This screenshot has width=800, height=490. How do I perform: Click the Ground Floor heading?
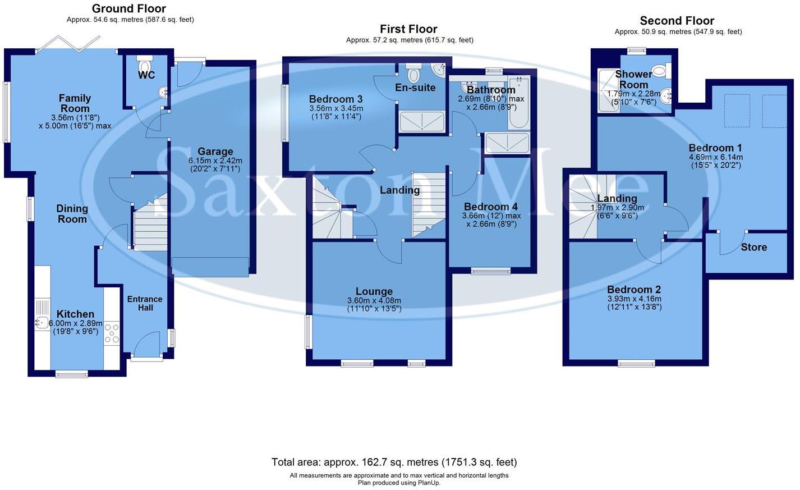[x=129, y=8]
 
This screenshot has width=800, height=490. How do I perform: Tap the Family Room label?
[x=75, y=103]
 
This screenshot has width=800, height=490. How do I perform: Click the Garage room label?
[x=215, y=152]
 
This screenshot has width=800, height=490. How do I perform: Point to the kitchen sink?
[x=42, y=322]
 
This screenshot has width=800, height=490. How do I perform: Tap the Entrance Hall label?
[x=145, y=303]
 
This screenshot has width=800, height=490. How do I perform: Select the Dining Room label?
[x=72, y=213]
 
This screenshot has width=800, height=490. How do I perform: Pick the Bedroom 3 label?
[x=335, y=99]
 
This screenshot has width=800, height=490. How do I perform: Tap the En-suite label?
[x=415, y=88]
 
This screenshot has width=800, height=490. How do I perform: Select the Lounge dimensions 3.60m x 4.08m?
[x=374, y=301]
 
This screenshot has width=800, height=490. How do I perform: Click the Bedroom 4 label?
[x=490, y=207]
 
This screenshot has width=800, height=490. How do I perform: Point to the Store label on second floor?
[x=753, y=247]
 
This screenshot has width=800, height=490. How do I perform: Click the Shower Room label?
[x=633, y=79]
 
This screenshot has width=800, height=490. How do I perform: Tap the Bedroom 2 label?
[x=634, y=290]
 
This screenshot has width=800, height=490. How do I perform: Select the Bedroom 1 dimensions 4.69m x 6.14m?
[x=715, y=157]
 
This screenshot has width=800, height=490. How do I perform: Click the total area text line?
[x=394, y=462]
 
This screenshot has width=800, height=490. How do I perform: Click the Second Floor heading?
[x=677, y=21]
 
